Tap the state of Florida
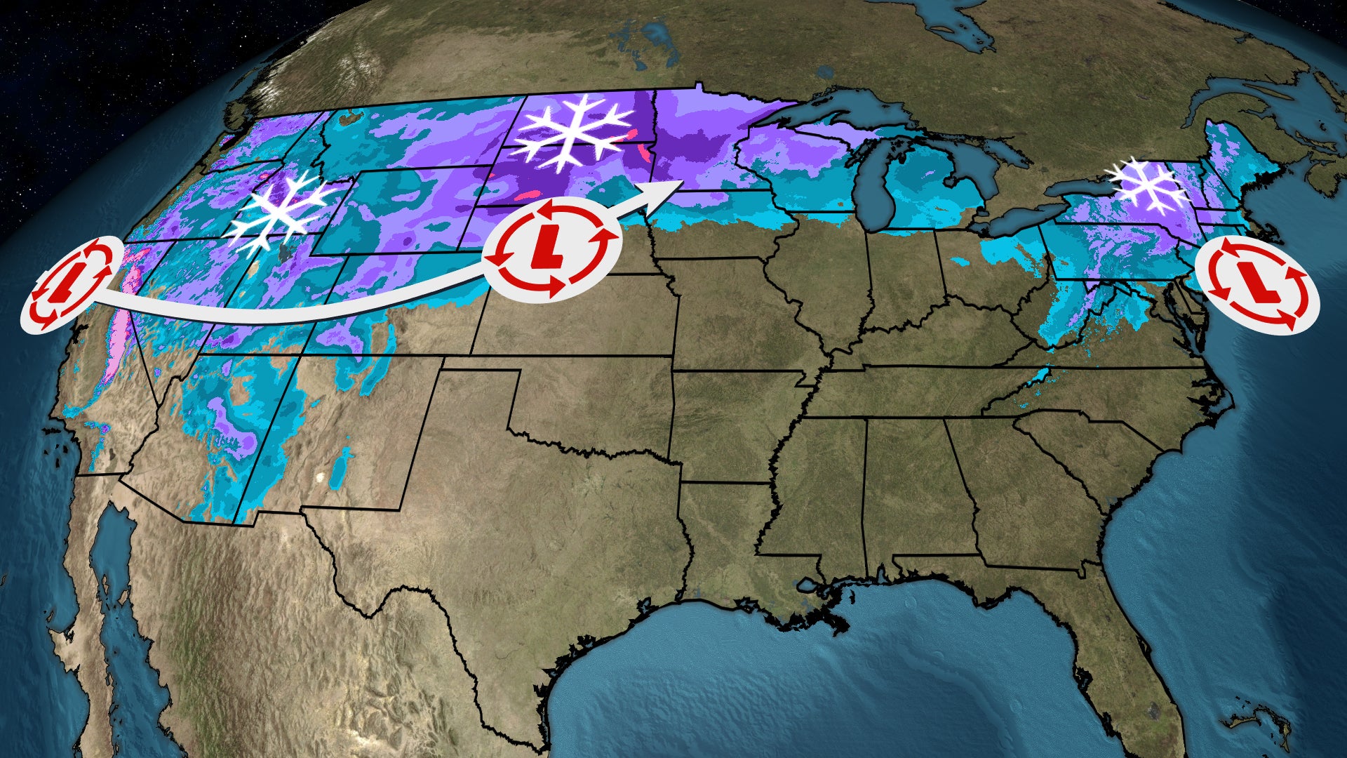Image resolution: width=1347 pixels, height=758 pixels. click(1144, 674)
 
